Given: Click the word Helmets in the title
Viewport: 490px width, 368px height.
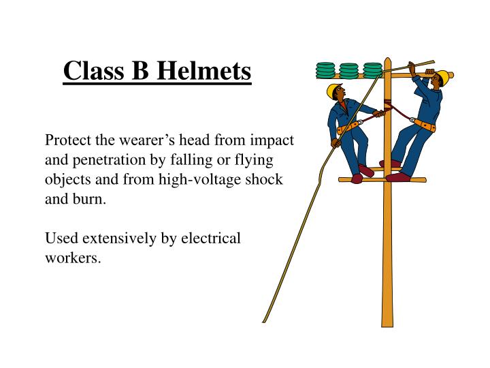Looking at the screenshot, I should [x=209, y=70].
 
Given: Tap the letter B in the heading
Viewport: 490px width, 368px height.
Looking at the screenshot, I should [x=142, y=70].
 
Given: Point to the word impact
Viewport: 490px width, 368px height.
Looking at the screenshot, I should [x=269, y=140].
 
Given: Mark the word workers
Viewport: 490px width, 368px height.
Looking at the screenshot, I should [x=73, y=259].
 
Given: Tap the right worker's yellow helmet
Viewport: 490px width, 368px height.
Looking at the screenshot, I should [x=442, y=76].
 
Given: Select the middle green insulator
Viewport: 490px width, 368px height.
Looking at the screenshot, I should [x=349, y=70].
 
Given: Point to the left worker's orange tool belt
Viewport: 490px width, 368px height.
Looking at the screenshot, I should [x=347, y=126].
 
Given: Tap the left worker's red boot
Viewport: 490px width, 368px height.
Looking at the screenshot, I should [x=366, y=170].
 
